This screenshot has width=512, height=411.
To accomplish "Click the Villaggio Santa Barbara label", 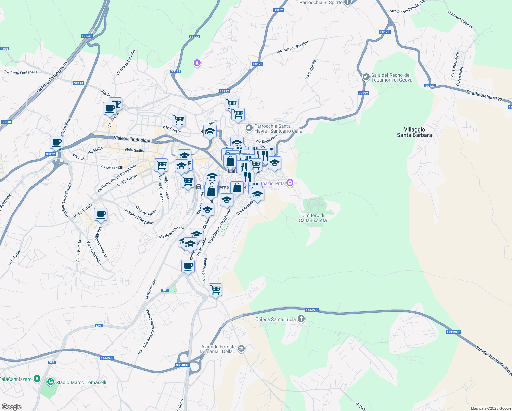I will [x=414, y=132].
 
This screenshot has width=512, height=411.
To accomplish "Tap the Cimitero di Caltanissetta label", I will [x=312, y=218].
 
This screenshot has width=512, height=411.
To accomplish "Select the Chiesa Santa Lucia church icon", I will [x=301, y=319].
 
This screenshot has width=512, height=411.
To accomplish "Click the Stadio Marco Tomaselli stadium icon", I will [x=51, y=382].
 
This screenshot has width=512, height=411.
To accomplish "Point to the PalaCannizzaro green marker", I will [x=37, y=379].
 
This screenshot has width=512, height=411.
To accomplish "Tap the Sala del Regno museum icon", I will [x=366, y=77].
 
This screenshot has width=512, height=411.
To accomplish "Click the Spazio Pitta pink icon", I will [x=290, y=183].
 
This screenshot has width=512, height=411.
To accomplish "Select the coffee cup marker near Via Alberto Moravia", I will [x=101, y=215].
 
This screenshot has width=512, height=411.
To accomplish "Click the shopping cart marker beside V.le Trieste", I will [x=179, y=120].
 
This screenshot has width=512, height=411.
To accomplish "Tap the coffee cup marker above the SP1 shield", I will [x=188, y=266].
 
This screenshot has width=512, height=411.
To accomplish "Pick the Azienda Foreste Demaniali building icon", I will [x=241, y=349].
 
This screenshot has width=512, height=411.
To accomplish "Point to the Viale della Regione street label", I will [x=132, y=139].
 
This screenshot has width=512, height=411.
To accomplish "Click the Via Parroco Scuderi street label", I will [x=292, y=47].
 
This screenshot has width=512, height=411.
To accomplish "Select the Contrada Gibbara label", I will [x=460, y=19].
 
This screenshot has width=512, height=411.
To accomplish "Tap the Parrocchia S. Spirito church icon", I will [x=348, y=3].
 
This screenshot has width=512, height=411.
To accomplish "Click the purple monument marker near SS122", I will [x=197, y=63].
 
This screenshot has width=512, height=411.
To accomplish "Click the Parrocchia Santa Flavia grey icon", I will [x=249, y=128].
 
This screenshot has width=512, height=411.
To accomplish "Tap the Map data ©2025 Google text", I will [x=491, y=408].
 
